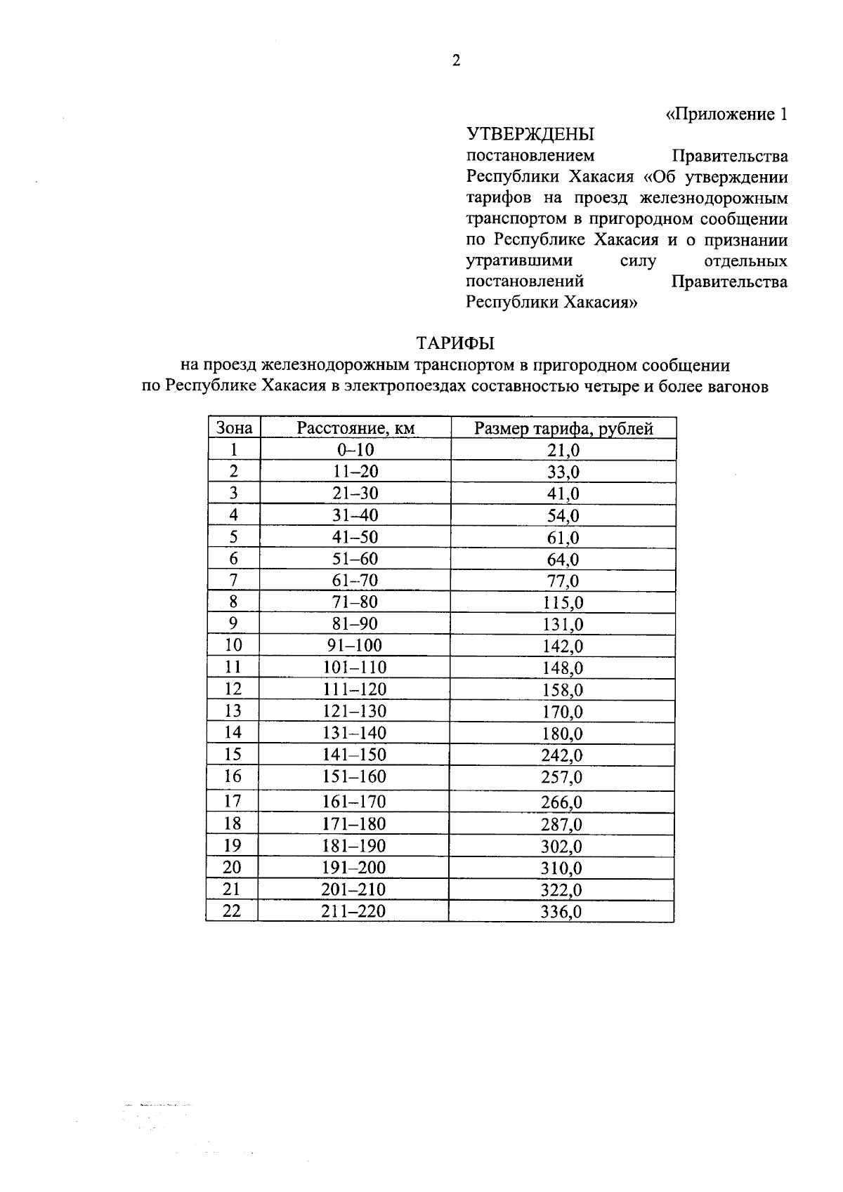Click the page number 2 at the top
[456, 61]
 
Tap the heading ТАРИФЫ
[455, 343]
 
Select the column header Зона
[234, 428]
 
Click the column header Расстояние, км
[355, 428]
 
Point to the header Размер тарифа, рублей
[563, 428]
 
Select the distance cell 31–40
[355, 515]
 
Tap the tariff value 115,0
[563, 602]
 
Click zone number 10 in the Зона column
[233, 645]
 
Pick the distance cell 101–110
[355, 667]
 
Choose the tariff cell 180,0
[563, 734]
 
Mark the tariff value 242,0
[563, 755]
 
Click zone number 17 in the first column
[233, 801]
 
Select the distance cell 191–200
[354, 868]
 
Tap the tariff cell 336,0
[562, 912]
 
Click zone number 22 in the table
[232, 910]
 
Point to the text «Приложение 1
[726, 114]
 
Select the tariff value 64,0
[563, 559]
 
